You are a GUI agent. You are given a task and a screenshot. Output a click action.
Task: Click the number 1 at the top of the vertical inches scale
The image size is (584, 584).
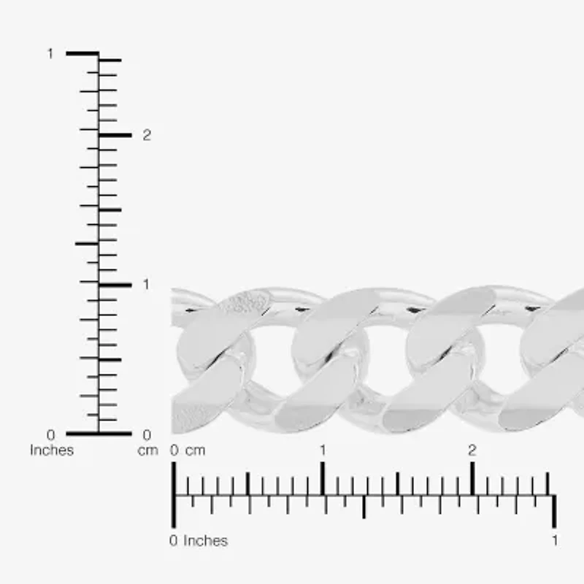(x=50, y=54)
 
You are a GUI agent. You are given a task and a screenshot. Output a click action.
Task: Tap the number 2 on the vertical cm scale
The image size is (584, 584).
(x=147, y=135)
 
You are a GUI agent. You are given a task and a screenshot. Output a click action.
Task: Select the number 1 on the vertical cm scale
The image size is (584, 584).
(x=146, y=285)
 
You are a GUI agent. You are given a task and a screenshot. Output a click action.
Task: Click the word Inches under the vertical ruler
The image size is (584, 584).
(x=52, y=450)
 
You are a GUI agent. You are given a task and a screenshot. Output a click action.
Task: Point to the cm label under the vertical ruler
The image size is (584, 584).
(x=148, y=451)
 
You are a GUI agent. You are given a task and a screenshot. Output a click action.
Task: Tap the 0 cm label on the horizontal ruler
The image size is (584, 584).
(x=188, y=450)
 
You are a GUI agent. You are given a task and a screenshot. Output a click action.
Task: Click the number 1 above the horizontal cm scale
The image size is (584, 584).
(x=323, y=450)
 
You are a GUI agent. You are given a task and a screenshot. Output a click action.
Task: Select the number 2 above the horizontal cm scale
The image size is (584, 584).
(x=472, y=450)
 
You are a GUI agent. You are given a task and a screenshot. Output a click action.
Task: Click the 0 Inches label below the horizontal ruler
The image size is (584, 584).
(x=198, y=541)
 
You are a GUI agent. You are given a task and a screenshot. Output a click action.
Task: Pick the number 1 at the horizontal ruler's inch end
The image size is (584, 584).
(x=555, y=540)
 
